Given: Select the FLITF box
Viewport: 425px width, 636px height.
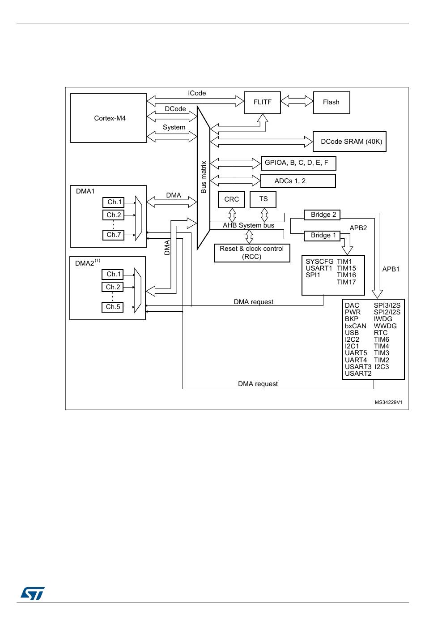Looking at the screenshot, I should pos(262,103).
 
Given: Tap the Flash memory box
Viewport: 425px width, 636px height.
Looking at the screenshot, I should pos(331,103).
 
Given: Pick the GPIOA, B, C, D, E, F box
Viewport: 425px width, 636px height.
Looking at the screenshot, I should pos(298,163).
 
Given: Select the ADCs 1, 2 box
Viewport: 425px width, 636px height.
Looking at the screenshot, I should pos(298,181).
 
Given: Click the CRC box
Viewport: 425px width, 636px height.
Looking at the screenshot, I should pos(231,199).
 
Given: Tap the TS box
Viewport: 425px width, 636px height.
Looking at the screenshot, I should pos(263,199).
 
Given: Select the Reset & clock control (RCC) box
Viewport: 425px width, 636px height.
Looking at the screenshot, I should pos(252,253).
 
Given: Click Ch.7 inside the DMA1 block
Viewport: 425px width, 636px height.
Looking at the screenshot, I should pos(114,235).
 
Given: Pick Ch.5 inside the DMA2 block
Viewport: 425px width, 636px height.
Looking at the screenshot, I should pos(113,307).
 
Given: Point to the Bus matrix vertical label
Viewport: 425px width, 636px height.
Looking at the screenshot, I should pos(204,177).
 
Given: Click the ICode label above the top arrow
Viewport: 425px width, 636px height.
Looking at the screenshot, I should pos(197,93).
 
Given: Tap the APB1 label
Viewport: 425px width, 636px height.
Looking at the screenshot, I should pos(391,269).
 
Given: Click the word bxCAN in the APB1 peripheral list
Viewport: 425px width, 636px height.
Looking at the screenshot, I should pos(355,326).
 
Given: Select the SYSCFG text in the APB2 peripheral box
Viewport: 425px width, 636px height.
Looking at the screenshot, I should pos(319,262).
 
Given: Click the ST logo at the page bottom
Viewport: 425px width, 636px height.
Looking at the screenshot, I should pos(32,593).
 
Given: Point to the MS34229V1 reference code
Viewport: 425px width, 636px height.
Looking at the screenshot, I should pos(388,402).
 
